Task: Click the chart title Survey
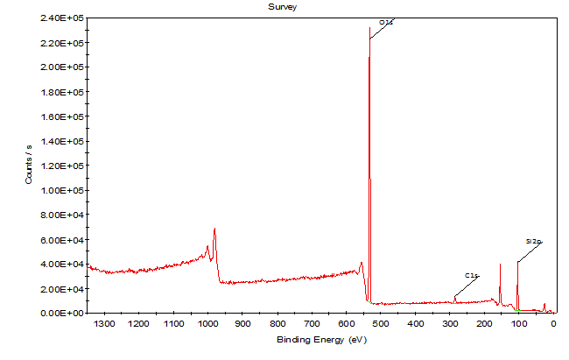pyautogui.click(x=283, y=6)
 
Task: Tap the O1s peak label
pyautogui.click(x=386, y=22)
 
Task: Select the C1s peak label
pyautogui.click(x=471, y=275)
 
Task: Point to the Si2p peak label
pyautogui.click(x=533, y=240)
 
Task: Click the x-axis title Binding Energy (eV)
pyautogui.click(x=315, y=339)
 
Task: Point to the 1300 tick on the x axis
pyautogui.click(x=104, y=323)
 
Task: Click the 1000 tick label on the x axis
pyautogui.click(x=207, y=323)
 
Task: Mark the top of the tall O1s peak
pyautogui.click(x=369, y=28)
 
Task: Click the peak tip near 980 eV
pyautogui.click(x=214, y=229)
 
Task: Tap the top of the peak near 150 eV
pyautogui.click(x=500, y=265)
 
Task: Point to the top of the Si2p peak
pyautogui.click(x=517, y=262)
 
